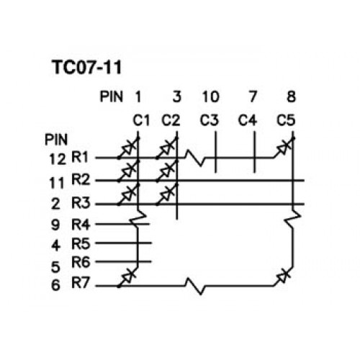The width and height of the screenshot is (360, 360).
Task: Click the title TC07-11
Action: [x=86, y=67]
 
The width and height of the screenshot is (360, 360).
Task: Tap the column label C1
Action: [x=141, y=120]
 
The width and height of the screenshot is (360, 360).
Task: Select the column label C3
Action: [x=210, y=120]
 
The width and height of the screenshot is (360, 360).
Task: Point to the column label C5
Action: [x=286, y=120]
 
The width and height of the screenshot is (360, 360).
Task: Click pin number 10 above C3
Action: [x=210, y=96]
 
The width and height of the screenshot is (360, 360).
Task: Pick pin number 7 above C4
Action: [x=253, y=96]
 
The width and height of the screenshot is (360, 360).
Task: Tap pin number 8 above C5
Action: [x=291, y=96]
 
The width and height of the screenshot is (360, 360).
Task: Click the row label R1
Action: [x=80, y=157]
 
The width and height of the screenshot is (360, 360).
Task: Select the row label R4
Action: [x=81, y=225]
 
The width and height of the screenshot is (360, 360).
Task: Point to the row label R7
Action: [x=81, y=283]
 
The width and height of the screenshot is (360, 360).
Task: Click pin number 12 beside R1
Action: [x=57, y=159]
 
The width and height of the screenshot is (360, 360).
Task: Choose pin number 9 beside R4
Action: [x=55, y=225]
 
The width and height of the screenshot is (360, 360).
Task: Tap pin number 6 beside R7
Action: [x=55, y=285]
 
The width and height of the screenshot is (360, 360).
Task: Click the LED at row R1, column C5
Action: [x=284, y=148]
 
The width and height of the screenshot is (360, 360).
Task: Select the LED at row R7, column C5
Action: [x=284, y=276]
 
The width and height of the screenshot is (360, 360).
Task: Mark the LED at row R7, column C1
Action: [x=128, y=276]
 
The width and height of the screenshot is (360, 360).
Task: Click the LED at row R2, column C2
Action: [x=167, y=171]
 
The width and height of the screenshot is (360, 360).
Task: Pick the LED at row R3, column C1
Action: [x=128, y=194]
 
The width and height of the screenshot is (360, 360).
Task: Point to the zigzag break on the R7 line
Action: [x=195, y=286]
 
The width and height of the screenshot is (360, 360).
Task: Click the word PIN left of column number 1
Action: [x=112, y=96]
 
